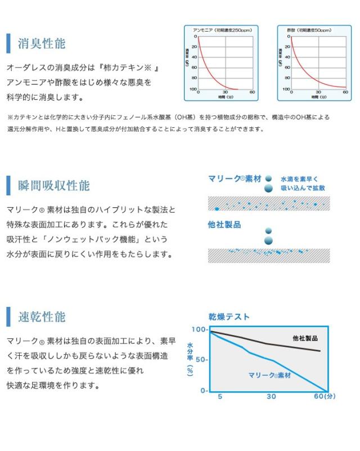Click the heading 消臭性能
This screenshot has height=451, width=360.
click(42, 43)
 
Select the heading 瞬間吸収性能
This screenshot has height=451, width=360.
click(53, 185)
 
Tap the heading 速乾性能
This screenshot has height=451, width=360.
click(42, 316)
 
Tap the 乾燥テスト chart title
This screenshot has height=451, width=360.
click(229, 317)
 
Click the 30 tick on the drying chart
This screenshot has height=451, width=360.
click(271, 396)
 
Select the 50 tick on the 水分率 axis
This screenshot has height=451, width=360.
click(201, 360)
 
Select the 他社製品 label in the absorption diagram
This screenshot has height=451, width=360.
click(224, 225)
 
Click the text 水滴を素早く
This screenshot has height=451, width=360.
click(302, 178)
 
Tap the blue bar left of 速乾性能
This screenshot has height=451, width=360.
click(8, 317)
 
